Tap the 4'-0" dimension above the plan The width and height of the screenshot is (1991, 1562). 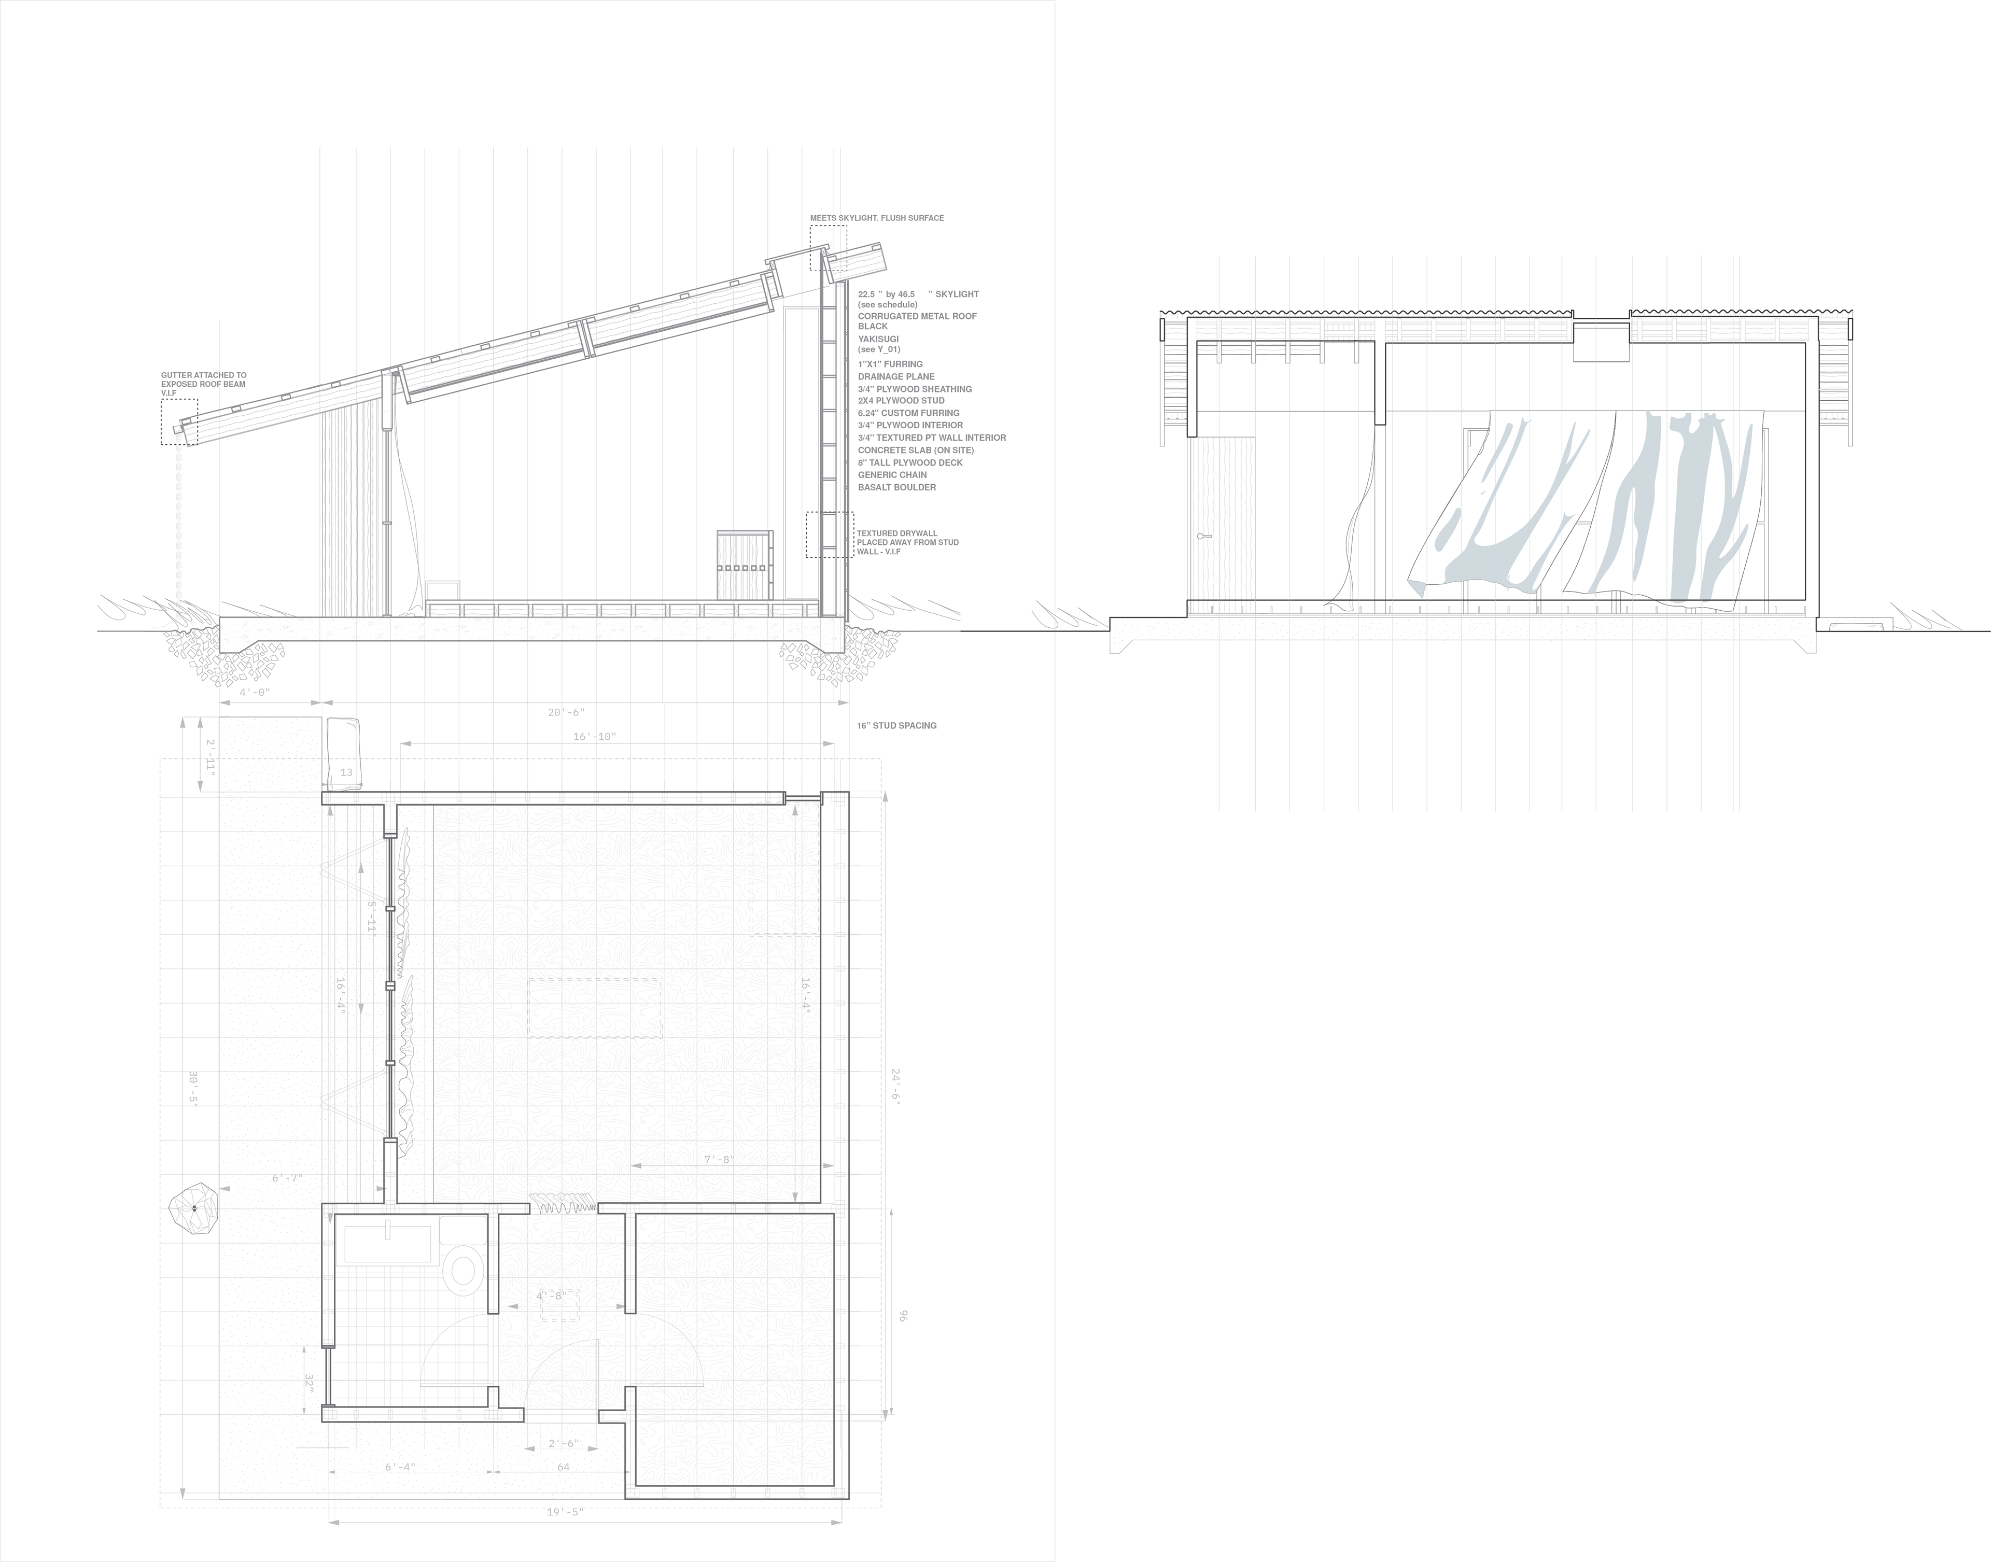(x=254, y=693)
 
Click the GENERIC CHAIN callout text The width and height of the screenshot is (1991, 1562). (x=892, y=475)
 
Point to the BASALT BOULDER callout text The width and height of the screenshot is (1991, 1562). (x=896, y=487)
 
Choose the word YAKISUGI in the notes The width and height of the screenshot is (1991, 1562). (x=878, y=339)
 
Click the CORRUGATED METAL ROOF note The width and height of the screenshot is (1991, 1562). (x=916, y=316)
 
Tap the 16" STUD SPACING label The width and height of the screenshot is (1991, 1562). (x=896, y=725)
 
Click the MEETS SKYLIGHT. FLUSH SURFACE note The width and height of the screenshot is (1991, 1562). (x=876, y=218)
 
